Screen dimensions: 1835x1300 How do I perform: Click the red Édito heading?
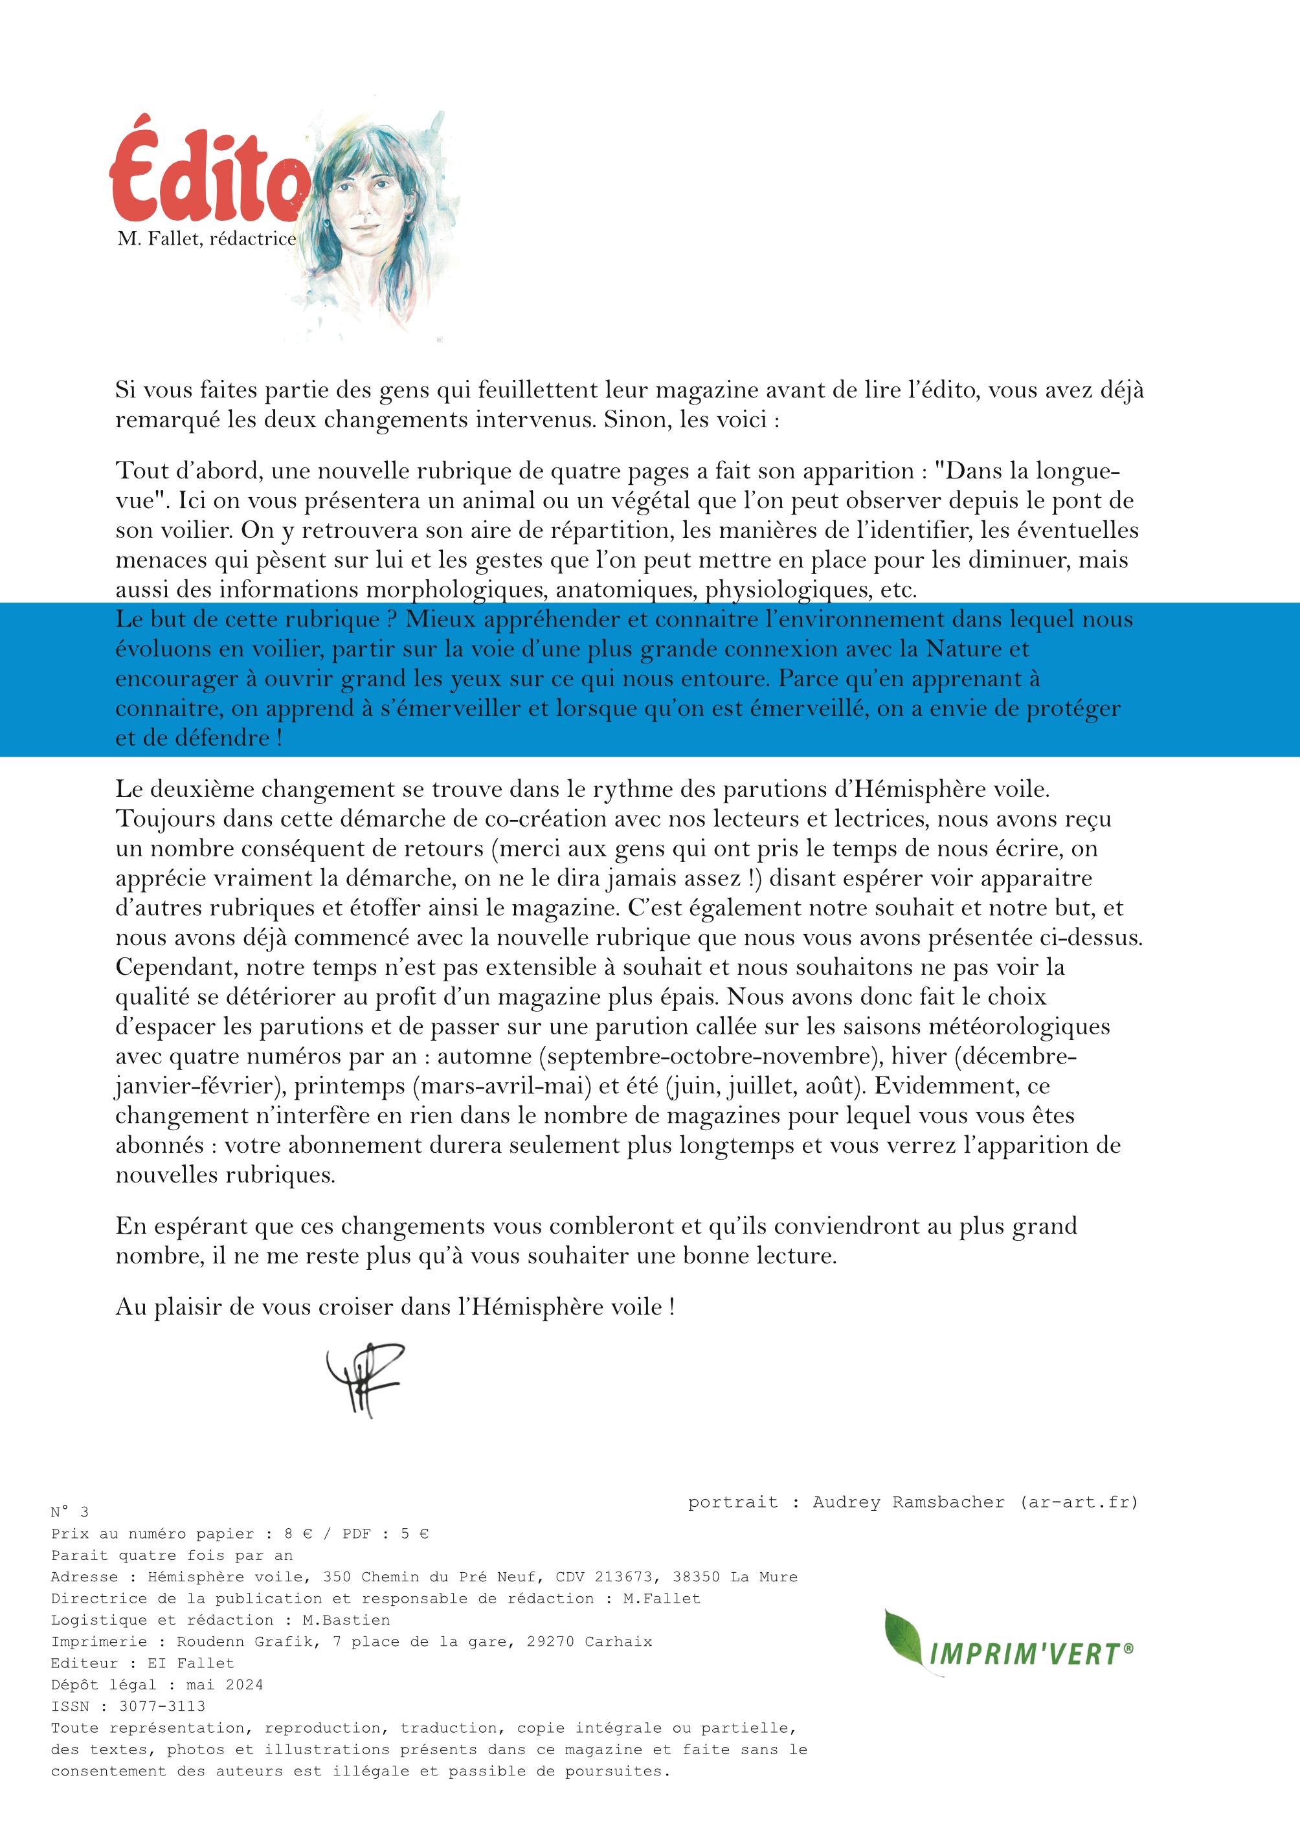click(210, 175)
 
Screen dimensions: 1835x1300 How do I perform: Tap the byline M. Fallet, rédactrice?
click(207, 238)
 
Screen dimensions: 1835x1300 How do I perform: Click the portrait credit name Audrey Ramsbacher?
click(908, 1502)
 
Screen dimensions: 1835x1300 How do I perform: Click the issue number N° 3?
click(70, 1512)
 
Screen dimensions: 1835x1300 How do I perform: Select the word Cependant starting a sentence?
click(175, 968)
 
